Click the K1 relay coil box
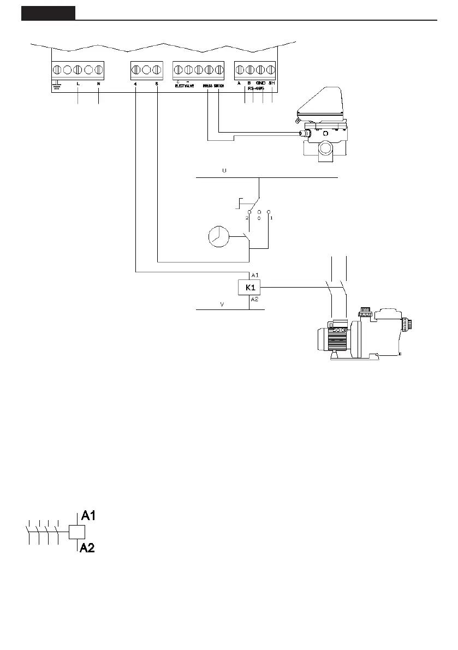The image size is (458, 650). click(x=249, y=287)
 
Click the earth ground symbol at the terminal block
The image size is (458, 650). click(x=57, y=85)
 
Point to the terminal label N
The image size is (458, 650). click(x=98, y=84)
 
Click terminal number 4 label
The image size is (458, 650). click(x=135, y=84)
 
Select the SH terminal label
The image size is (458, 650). click(x=271, y=84)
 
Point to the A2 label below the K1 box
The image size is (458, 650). click(x=255, y=299)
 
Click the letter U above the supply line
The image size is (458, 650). click(x=223, y=171)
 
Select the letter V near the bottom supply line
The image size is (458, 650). click(x=222, y=305)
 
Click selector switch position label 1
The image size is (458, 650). click(x=271, y=217)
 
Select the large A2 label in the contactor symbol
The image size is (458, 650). click(x=88, y=548)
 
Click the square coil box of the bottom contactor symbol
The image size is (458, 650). click(x=76, y=532)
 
